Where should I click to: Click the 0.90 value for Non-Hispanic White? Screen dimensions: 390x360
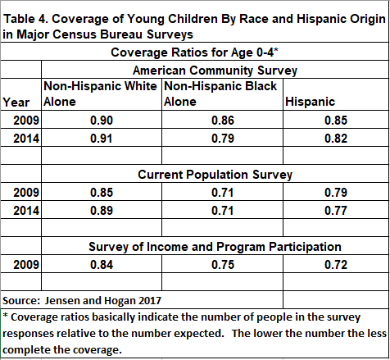pyautogui.click(x=102, y=121)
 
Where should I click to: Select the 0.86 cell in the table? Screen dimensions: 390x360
pyautogui.click(x=223, y=121)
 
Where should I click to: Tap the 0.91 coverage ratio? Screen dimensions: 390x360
pyautogui.click(x=102, y=139)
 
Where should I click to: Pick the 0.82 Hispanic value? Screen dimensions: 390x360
pyautogui.click(x=336, y=139)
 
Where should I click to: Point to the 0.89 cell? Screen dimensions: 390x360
pyautogui.click(x=102, y=211)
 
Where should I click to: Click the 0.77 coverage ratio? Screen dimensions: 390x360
pyautogui.click(x=336, y=211)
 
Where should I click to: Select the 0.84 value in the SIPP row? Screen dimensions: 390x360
pyautogui.click(x=102, y=265)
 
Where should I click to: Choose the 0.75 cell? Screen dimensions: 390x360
pyautogui.click(x=223, y=265)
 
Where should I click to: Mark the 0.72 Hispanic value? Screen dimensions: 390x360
pyautogui.click(x=336, y=265)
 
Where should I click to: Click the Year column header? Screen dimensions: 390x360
pyautogui.click(x=16, y=103)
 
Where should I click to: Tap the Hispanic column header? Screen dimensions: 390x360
pyautogui.click(x=310, y=102)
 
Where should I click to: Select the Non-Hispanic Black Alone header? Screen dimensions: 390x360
pyautogui.click(x=220, y=94)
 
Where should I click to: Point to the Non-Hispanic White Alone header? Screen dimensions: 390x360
pyautogui.click(x=100, y=94)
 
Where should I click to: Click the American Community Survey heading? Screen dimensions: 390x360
pyautogui.click(x=215, y=71)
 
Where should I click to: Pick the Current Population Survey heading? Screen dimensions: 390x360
pyautogui.click(x=215, y=175)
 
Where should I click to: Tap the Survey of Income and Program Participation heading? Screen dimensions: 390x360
pyautogui.click(x=215, y=247)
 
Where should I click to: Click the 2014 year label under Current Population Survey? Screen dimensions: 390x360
pyautogui.click(x=26, y=211)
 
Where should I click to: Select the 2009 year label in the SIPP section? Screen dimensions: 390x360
pyautogui.click(x=26, y=265)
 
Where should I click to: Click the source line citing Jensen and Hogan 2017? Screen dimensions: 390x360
pyautogui.click(x=82, y=301)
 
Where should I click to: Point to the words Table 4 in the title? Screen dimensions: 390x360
pyautogui.click(x=26, y=19)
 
